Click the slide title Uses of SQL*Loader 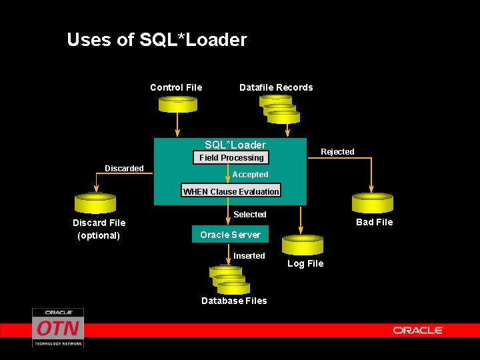[x=157, y=40]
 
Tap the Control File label [x=176, y=87]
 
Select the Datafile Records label [x=276, y=87]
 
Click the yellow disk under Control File [x=177, y=105]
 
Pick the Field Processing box [x=231, y=158]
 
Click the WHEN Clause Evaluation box [x=231, y=191]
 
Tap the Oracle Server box [x=230, y=235]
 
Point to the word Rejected [x=337, y=152]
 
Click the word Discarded [x=124, y=169]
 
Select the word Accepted [x=250, y=175]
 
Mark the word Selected [x=250, y=215]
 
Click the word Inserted [x=249, y=256]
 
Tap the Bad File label [x=374, y=222]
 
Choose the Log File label [x=305, y=263]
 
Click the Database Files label [x=234, y=301]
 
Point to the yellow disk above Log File [x=302, y=245]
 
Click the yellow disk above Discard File [x=95, y=203]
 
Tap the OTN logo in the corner [x=58, y=327]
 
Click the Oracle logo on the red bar [x=418, y=330]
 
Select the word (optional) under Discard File [x=99, y=235]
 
